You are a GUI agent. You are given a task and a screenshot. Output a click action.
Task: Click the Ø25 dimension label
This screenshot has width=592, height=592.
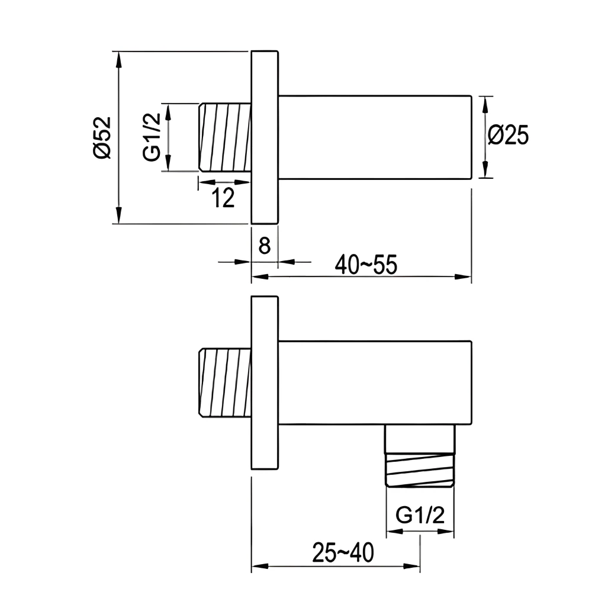click(x=508, y=136)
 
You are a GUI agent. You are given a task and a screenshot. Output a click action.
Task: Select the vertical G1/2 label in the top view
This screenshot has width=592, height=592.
click(x=152, y=137)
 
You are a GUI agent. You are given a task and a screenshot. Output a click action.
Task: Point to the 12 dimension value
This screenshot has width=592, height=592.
click(x=223, y=198)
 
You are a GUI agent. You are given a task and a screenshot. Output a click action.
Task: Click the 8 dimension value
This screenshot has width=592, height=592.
click(x=265, y=245)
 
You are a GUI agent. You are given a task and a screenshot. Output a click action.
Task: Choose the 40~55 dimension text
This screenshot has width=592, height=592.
click(x=365, y=264)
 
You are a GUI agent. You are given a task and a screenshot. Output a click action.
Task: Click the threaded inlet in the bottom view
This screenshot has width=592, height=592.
click(x=224, y=383)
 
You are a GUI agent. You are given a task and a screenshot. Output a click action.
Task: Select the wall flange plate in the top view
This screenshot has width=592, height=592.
click(x=265, y=137)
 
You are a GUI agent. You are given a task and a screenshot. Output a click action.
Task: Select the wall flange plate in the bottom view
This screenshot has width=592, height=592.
click(x=265, y=383)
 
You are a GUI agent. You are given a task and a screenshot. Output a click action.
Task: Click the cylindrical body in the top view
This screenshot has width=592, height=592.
click(x=374, y=137)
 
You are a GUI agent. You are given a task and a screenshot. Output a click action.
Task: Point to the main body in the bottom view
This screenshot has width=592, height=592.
click(x=374, y=383)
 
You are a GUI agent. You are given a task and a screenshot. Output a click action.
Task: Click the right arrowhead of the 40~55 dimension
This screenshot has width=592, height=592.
click(x=465, y=276)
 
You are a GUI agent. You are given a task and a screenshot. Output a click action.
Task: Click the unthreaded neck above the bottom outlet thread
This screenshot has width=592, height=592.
click(x=421, y=439)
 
